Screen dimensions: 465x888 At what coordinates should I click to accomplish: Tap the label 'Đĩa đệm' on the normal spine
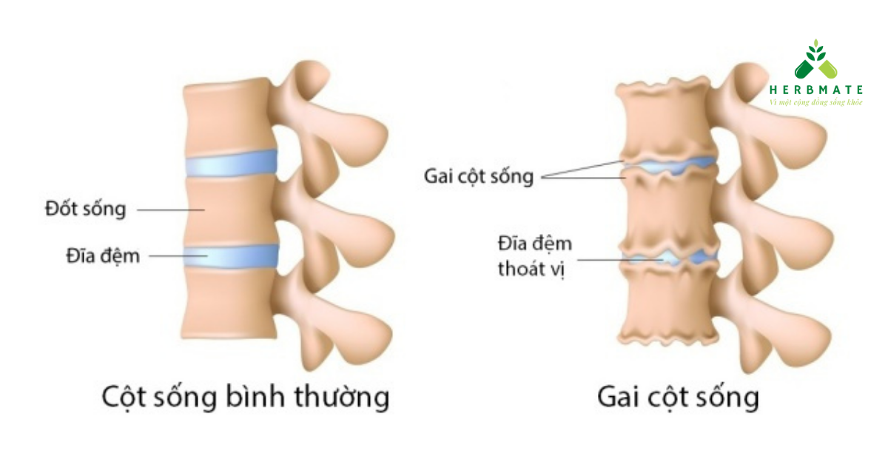[101, 256]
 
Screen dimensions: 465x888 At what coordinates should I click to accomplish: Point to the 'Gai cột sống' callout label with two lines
[478, 176]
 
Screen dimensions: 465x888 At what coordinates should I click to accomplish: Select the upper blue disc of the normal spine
[230, 164]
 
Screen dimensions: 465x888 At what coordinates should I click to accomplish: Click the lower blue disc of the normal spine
[230, 255]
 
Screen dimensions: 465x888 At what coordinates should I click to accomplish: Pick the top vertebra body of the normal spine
[226, 118]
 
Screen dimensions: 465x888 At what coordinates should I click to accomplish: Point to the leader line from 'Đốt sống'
[170, 210]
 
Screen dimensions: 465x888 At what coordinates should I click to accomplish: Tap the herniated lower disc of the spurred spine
[670, 258]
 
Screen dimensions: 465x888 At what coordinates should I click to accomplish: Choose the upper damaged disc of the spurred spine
[670, 164]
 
